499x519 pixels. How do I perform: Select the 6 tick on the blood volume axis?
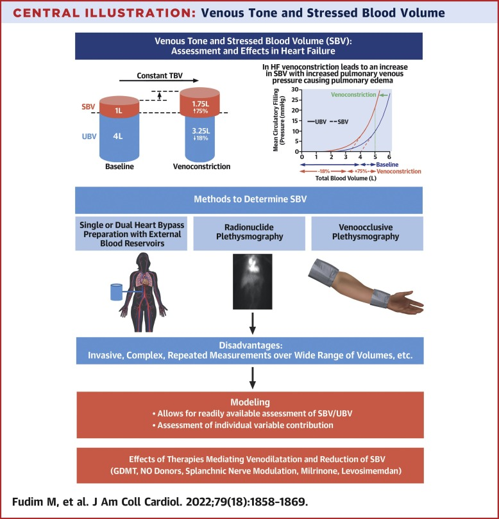[x=389, y=157]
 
